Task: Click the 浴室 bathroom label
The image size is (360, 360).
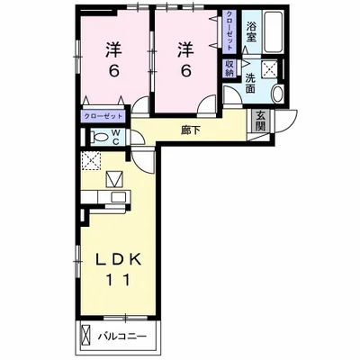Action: click(251, 32)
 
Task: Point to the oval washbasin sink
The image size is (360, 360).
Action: click(278, 94)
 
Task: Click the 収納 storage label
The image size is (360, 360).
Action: click(229, 68)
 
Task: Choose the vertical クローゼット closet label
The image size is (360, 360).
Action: click(229, 31)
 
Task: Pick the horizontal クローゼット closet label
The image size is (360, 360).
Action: click(103, 116)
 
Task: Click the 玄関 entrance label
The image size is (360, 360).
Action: click(261, 121)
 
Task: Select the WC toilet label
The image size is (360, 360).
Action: click(116, 137)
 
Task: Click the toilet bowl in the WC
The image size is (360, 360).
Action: click(101, 137)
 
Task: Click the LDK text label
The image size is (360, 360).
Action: click(118, 260)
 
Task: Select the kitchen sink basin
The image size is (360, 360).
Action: click(119, 197)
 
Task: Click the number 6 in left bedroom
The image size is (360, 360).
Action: click(114, 71)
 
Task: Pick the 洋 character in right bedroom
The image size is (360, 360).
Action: click(186, 49)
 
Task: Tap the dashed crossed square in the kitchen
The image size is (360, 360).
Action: click(92, 161)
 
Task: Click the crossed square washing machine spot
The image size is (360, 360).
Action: click(270, 69)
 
